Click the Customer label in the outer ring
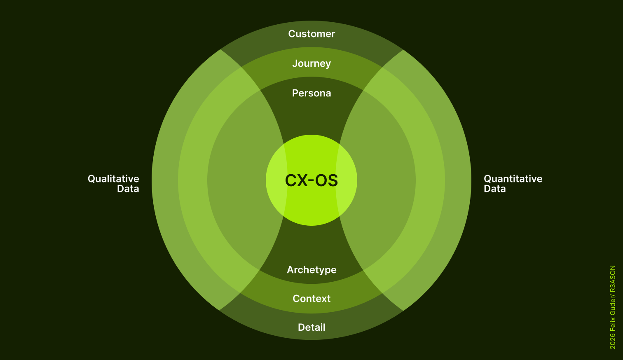pos(311,34)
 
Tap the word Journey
pos(311,64)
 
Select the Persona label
pos(311,93)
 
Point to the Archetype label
pos(311,270)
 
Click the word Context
pos(311,299)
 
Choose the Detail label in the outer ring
pos(311,327)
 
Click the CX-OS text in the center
pos(311,180)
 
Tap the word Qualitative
pos(113,179)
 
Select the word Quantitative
pos(513,179)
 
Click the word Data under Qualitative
pos(128,189)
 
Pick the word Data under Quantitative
pos(495,189)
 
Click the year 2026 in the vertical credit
pos(612,341)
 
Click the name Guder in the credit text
pos(612,305)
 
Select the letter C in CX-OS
pos(291,180)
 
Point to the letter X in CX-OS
pos(302,180)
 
